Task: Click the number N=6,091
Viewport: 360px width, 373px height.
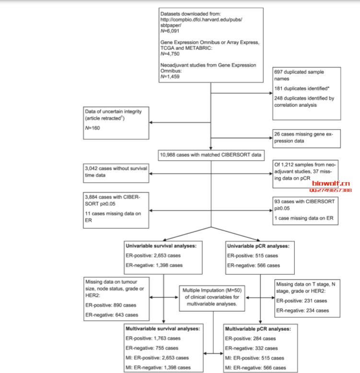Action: [x=170, y=31]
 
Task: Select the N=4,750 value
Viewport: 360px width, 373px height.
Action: [x=170, y=54]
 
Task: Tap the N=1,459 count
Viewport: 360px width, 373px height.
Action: [x=170, y=77]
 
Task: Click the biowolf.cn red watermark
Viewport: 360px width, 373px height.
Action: [x=331, y=184]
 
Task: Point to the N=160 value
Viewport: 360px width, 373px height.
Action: [x=93, y=128]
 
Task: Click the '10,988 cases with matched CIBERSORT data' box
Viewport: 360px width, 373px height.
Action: [x=211, y=155]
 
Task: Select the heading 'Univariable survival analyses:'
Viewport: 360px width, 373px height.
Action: [x=161, y=246]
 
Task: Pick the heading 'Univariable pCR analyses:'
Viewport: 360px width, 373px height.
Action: [x=258, y=246]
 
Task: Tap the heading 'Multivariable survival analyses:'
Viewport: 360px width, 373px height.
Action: [x=163, y=328]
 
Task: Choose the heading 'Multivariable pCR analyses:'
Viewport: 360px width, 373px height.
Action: [x=258, y=329]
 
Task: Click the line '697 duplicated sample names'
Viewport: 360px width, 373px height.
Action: [x=299, y=75]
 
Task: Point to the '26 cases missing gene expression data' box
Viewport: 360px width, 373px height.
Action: [x=306, y=139]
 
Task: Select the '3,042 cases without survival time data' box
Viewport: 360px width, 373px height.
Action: [x=116, y=173]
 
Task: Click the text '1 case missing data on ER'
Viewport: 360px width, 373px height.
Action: [x=304, y=218]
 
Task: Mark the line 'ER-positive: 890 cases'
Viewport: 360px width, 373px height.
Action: [x=111, y=305]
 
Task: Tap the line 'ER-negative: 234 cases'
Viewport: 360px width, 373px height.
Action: [x=302, y=311]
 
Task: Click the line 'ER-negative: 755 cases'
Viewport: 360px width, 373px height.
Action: [x=152, y=348]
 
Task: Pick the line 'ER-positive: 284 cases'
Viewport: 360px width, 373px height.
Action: [x=250, y=338]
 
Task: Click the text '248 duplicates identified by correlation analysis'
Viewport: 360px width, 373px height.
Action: [x=304, y=102]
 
